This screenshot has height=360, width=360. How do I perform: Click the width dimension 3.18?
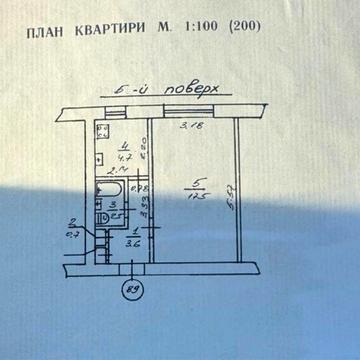point(186,126)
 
